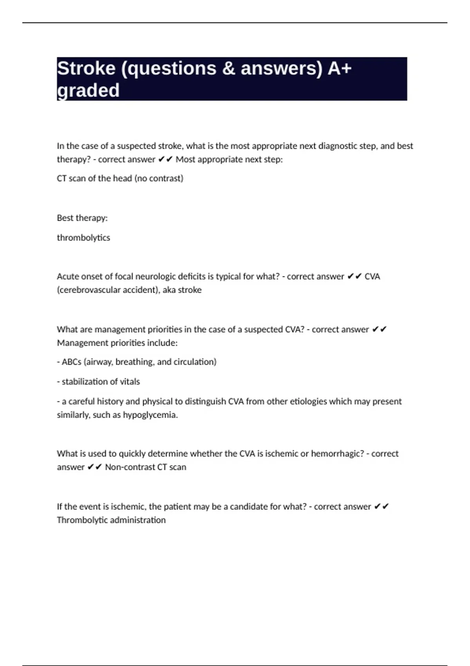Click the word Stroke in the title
click(86, 69)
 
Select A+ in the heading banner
click(340, 69)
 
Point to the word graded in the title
click(88, 91)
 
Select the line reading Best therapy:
click(82, 218)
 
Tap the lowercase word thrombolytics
click(83, 238)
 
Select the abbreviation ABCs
click(71, 362)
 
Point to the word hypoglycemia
click(150, 415)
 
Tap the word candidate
click(247, 507)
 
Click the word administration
click(139, 520)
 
